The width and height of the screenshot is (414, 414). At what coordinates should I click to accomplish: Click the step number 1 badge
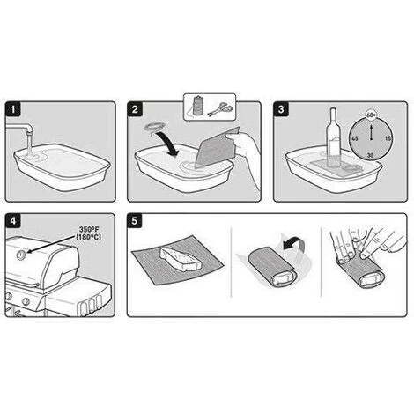coord(13,109)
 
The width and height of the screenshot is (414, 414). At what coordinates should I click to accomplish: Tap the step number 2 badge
coord(135,109)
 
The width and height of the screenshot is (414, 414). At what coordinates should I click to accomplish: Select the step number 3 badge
coord(281,109)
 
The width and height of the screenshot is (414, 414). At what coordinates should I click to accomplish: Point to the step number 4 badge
coord(13,221)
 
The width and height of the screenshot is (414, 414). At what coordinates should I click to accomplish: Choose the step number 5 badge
coord(135,221)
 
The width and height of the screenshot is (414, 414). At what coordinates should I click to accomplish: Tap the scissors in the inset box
coord(220,109)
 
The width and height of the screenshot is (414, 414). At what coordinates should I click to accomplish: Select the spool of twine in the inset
coord(195,107)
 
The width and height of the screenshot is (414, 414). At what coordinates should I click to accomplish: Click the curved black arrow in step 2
coord(167,144)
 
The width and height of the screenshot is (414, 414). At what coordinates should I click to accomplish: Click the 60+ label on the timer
coord(371,115)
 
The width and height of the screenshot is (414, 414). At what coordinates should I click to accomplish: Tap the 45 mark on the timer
coord(355,138)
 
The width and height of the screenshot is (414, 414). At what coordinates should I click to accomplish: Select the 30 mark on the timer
coord(371,155)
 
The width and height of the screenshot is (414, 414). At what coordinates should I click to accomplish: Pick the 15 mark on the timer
coord(388,138)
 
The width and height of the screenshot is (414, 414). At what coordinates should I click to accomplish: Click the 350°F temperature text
coord(89,230)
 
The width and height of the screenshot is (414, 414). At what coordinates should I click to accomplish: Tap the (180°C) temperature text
coord(88,237)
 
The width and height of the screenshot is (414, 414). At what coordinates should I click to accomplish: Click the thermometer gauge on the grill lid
coord(21,255)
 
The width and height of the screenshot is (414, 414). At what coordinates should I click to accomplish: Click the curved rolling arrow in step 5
coord(294,242)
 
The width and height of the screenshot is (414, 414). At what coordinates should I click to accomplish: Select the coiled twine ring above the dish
coord(155,127)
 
